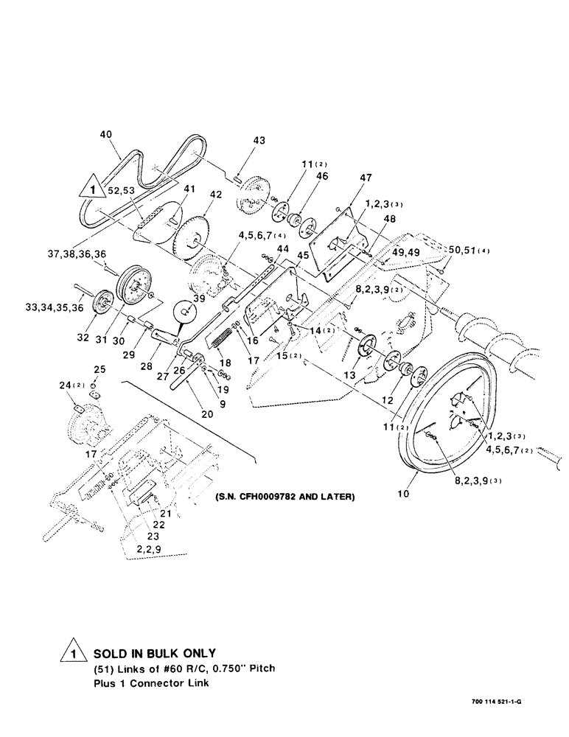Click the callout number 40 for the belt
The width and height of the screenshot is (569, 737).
107,134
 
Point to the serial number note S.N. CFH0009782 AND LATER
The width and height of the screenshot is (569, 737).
285,497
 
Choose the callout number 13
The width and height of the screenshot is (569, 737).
349,374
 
